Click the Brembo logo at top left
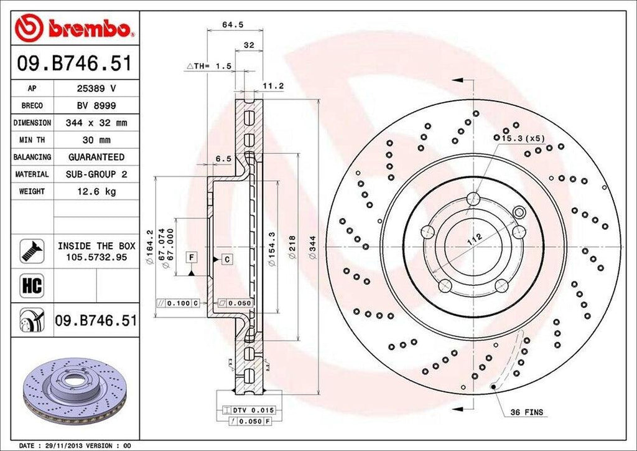(x=75, y=28)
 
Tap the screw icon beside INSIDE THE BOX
(x=31, y=250)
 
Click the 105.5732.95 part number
(x=96, y=256)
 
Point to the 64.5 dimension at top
(x=233, y=26)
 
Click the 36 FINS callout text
(x=526, y=412)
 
